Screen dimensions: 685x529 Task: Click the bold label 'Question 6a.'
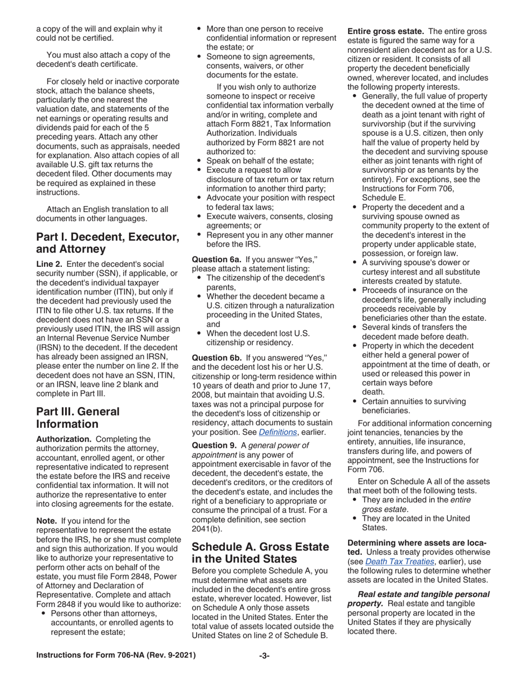(215, 259)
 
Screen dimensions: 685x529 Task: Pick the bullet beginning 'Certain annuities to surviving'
(414, 402)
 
